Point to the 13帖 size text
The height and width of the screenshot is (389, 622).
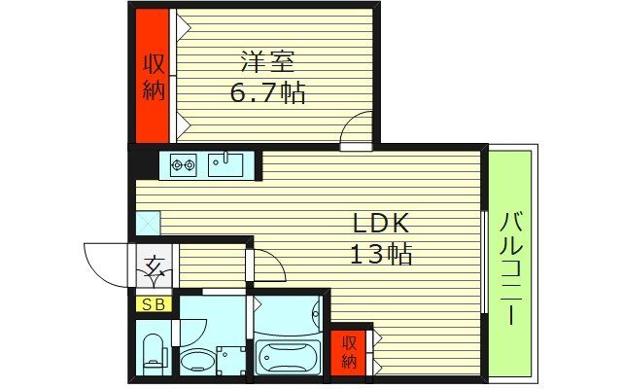pyautogui.click(x=380, y=256)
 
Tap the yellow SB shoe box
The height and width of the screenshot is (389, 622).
pyautogui.click(x=154, y=304)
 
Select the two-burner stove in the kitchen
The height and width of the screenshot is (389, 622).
pyautogui.click(x=183, y=164)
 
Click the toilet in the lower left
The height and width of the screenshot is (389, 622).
pyautogui.click(x=154, y=351)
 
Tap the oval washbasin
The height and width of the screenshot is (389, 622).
pyautogui.click(x=198, y=362)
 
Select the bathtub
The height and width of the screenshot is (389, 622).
pyautogui.click(x=289, y=357)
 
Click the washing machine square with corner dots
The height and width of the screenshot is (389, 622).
pyautogui.click(x=231, y=360)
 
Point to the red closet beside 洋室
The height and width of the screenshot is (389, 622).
pyautogui.click(x=153, y=76)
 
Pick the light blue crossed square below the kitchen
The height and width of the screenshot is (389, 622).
pyautogui.click(x=147, y=222)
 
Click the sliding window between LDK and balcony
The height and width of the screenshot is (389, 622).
pyautogui.click(x=483, y=263)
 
